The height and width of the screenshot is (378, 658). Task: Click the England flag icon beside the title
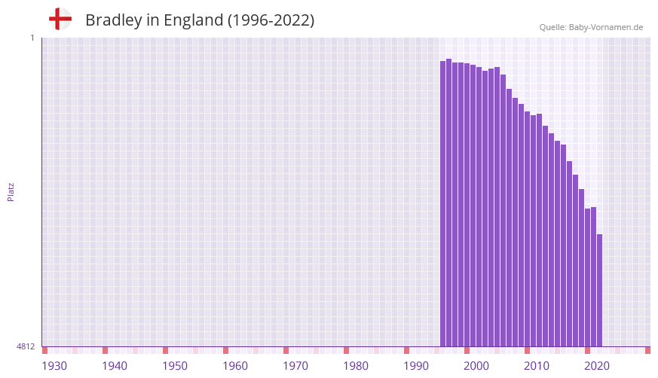[60, 19]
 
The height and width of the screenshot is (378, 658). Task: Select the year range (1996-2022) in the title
[271, 20]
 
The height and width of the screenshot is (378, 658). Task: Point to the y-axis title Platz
[11, 191]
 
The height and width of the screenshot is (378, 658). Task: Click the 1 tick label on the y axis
[32, 38]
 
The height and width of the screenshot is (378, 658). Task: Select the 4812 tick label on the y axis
[26, 347]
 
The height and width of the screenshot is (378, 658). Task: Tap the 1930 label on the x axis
[54, 366]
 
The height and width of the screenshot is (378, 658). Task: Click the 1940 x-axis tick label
[115, 366]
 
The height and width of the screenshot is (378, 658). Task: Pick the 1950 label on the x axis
[175, 366]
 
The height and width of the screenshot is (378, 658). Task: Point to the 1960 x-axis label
[235, 366]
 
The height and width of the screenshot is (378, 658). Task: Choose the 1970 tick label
[295, 366]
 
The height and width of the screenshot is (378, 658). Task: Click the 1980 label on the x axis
[356, 366]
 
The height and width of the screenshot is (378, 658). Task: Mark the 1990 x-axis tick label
[416, 366]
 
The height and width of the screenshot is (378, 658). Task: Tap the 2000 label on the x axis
[476, 366]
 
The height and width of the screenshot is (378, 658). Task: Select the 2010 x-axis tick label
[537, 366]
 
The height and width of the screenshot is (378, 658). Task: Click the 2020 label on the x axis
[597, 366]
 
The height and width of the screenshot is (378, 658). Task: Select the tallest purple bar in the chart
[448, 203]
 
